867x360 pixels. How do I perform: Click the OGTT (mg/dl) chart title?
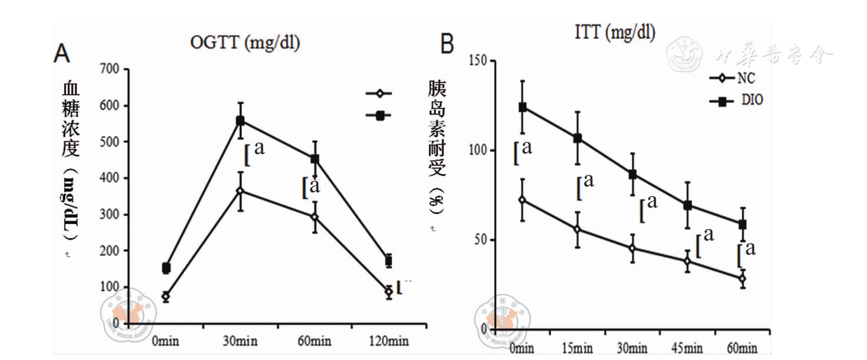(x=245, y=43)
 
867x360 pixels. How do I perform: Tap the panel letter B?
(x=448, y=44)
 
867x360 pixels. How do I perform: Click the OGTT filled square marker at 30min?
(x=240, y=121)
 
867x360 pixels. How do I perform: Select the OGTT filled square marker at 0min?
(x=166, y=268)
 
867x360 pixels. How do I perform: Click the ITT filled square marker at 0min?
(x=522, y=107)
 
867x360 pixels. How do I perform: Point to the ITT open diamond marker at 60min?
(x=742, y=279)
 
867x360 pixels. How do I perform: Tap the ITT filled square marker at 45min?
(x=688, y=205)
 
